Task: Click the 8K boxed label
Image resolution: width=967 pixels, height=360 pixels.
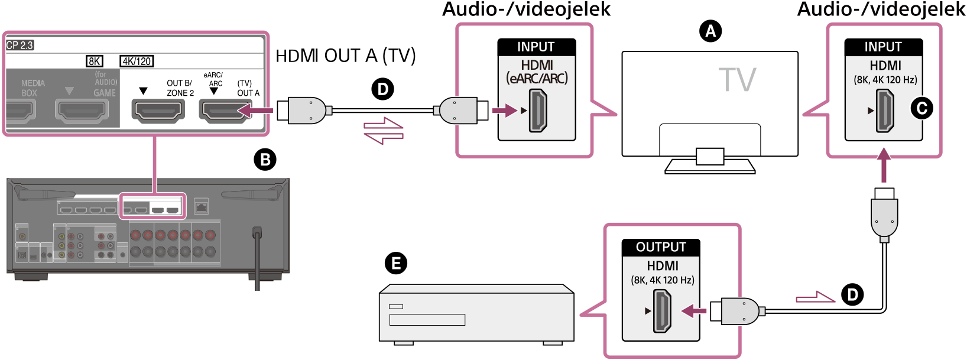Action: pyautogui.click(x=95, y=61)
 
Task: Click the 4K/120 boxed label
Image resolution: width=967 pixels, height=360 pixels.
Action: pyautogui.click(x=137, y=61)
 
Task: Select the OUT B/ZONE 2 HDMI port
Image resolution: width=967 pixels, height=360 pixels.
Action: pyautogui.click(x=158, y=111)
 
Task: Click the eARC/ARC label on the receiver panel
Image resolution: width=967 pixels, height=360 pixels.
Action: pyautogui.click(x=213, y=79)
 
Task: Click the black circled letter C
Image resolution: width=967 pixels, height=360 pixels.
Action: pyautogui.click(x=922, y=108)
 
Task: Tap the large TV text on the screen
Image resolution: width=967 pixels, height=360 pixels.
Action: pyautogui.click(x=737, y=80)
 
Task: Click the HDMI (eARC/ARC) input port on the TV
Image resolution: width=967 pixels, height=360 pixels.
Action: pyautogui.click(x=538, y=111)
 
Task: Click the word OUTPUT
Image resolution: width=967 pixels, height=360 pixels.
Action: pyautogui.click(x=661, y=247)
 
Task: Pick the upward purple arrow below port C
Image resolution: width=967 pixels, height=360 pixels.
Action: pyautogui.click(x=884, y=165)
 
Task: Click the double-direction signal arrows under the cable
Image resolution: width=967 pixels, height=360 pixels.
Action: pyautogui.click(x=384, y=131)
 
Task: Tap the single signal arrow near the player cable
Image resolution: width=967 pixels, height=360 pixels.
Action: pyautogui.click(x=816, y=297)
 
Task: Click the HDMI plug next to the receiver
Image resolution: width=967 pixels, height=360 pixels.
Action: pyautogui.click(x=304, y=111)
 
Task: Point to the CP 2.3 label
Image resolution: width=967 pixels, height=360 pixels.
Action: pyautogui.click(x=20, y=45)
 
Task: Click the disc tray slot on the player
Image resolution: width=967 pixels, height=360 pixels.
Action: pyautogui.click(x=427, y=320)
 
